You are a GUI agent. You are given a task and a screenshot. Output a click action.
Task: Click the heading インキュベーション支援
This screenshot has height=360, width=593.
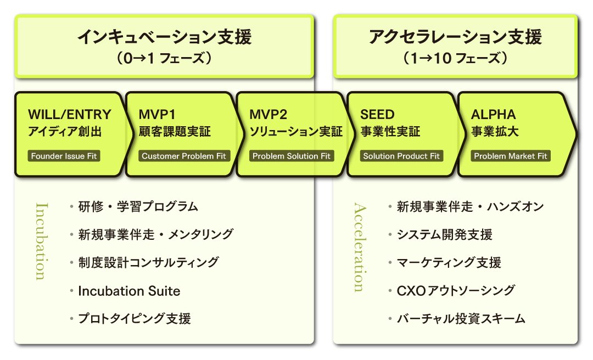click(165, 37)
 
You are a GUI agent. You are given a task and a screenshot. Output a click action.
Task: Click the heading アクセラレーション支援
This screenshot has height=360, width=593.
click(455, 37)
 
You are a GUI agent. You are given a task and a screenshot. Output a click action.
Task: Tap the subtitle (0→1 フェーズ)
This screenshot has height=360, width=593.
click(165, 58)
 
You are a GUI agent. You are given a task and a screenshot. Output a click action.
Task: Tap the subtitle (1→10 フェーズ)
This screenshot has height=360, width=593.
click(455, 58)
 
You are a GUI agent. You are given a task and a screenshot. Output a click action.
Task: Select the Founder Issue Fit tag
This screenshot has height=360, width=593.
click(64, 156)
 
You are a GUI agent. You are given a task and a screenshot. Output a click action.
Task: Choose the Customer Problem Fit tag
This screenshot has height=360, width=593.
click(184, 156)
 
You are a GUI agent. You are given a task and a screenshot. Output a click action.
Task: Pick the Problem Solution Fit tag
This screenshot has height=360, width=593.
click(292, 156)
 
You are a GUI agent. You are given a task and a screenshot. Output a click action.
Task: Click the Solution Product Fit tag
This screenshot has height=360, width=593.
click(401, 156)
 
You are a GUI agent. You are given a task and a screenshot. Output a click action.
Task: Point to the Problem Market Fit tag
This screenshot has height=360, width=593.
click(511, 156)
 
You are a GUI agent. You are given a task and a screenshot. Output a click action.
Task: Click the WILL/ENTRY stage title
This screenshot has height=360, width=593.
click(70, 114)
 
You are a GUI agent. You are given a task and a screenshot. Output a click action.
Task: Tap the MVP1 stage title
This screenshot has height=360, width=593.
click(157, 114)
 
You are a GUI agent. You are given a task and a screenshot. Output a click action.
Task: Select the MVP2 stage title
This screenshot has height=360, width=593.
click(268, 114)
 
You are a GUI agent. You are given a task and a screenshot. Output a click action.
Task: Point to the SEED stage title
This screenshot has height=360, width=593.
click(377, 114)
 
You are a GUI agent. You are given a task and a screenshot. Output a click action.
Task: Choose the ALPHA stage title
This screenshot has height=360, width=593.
click(493, 114)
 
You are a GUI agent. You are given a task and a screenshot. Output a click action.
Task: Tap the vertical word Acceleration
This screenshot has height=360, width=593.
click(360, 248)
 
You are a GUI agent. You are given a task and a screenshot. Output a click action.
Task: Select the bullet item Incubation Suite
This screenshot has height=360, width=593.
click(129, 291)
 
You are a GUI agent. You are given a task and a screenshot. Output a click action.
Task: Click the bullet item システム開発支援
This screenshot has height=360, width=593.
click(444, 234)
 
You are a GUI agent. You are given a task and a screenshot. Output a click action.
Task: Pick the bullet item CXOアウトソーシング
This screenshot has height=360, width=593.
click(456, 290)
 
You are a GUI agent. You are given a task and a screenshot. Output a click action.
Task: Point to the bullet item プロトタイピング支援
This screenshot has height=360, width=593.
click(135, 318)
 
